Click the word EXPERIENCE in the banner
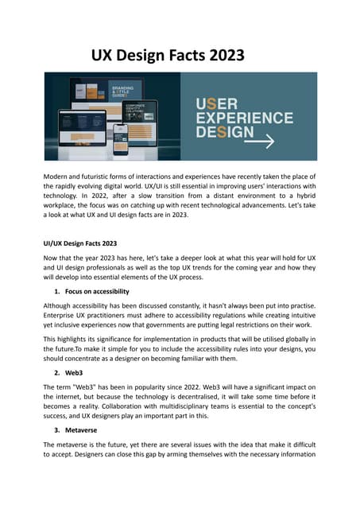(251, 116)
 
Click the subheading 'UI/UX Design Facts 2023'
(80, 243)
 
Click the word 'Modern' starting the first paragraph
(60, 176)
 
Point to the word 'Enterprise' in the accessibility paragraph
(63, 318)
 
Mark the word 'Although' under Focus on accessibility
(60, 305)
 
